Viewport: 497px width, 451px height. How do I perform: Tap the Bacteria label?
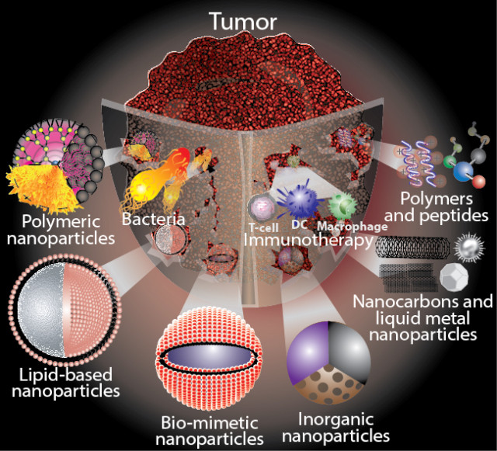[x=152, y=220]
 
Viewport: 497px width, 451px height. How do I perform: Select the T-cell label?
[x=260, y=228]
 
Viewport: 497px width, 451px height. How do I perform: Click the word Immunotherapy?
[x=298, y=241]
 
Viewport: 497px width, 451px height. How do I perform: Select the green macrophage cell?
[x=339, y=206]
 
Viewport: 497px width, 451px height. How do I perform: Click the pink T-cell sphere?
[x=260, y=208]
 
